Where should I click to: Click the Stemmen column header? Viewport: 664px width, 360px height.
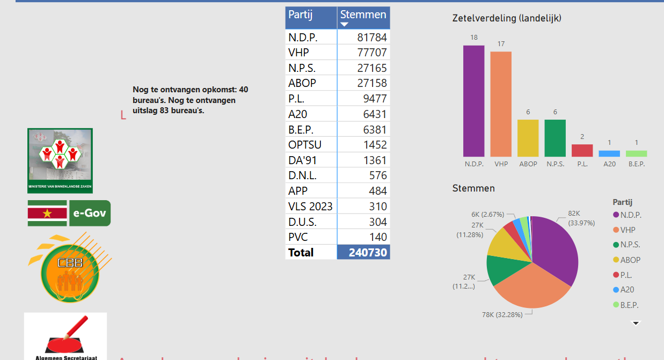point(363,15)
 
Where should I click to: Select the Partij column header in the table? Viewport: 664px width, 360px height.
point(301,15)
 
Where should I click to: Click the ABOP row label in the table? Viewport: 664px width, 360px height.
point(302,83)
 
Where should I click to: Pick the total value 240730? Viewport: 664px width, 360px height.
point(368,252)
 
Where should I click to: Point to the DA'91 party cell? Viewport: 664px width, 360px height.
point(300,160)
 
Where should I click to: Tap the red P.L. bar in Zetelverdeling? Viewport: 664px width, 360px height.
point(582,150)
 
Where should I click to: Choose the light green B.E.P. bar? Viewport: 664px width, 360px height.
point(636,153)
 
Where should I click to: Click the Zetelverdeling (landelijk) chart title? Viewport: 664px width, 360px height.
point(507,18)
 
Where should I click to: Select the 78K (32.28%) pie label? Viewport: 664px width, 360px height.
point(502,314)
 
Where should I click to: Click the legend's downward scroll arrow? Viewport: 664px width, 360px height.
point(636,323)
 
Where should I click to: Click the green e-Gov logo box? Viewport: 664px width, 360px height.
point(90,213)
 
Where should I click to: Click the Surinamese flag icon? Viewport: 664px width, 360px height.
point(47,213)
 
